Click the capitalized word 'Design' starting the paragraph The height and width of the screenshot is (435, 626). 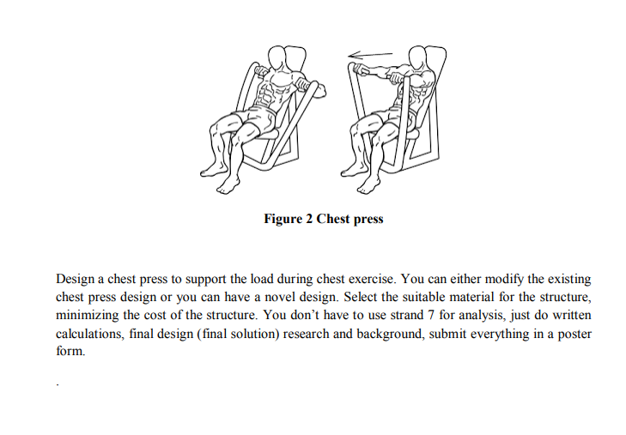(x=75, y=280)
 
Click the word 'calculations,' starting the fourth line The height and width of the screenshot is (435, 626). (x=89, y=333)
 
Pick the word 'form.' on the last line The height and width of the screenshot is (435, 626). (x=70, y=351)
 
